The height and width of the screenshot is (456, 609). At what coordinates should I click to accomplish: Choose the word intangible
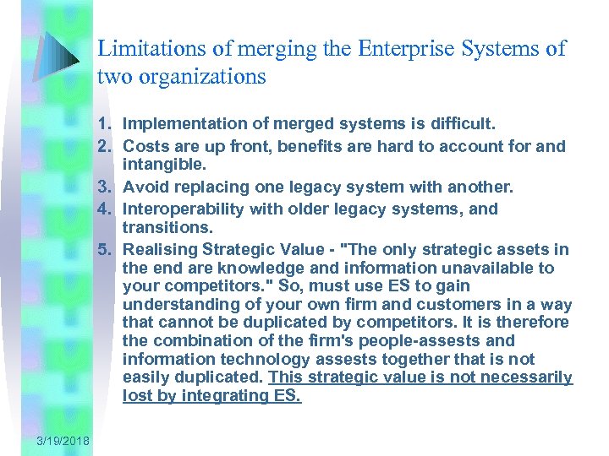(x=164, y=164)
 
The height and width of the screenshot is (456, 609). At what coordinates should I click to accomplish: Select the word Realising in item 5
(x=160, y=249)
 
